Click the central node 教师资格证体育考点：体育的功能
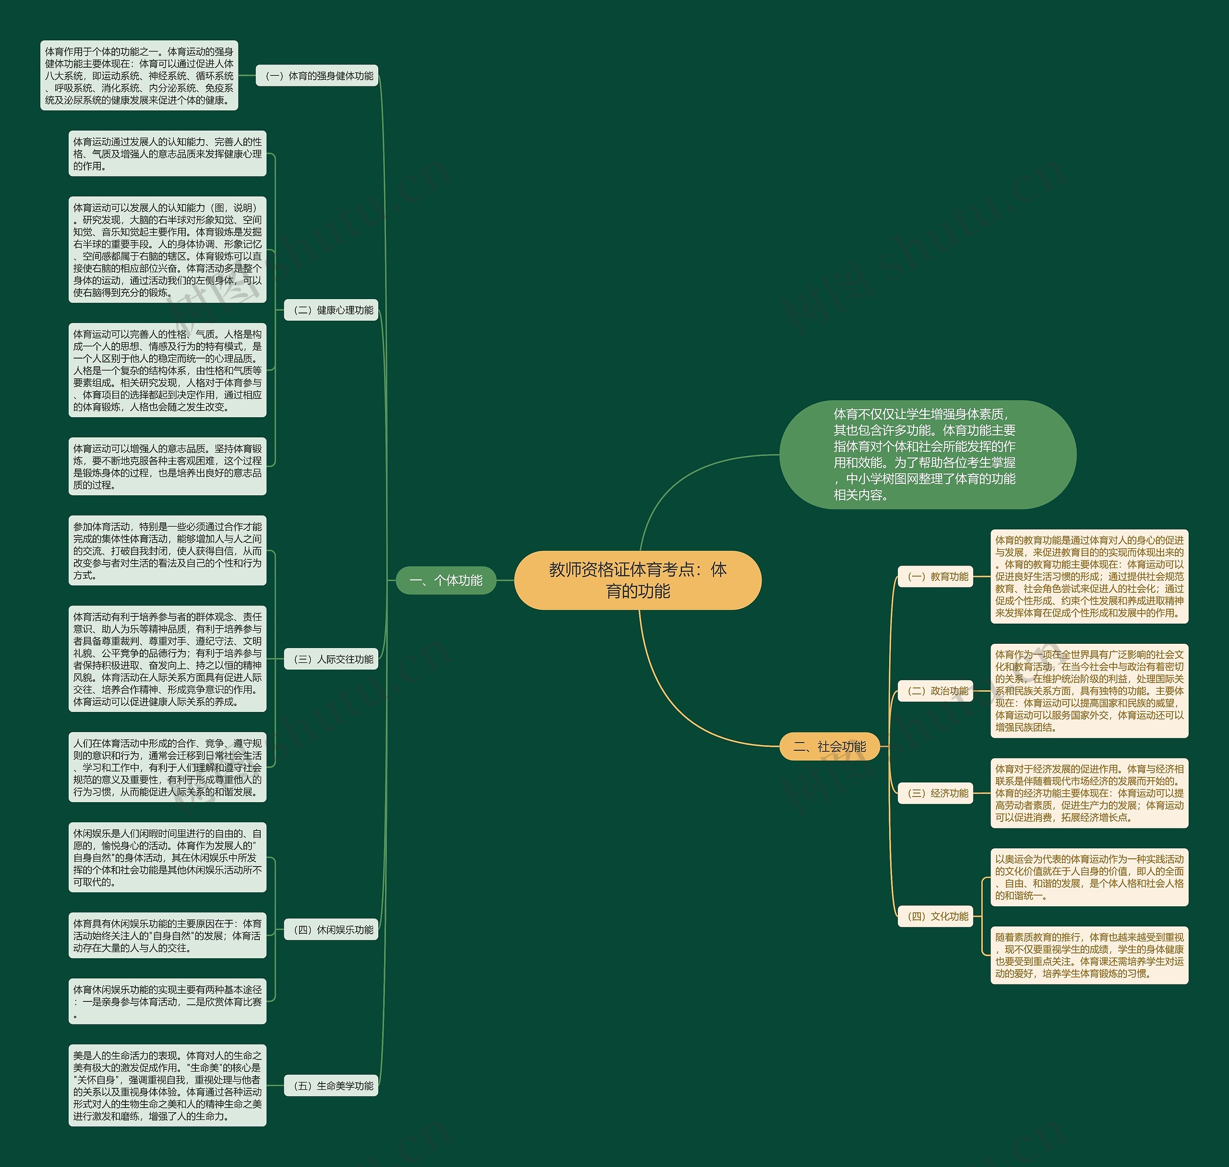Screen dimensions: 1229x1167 point(638,580)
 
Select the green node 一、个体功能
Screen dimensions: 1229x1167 point(446,580)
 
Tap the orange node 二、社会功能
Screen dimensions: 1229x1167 point(830,746)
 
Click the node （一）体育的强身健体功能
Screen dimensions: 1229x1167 point(317,76)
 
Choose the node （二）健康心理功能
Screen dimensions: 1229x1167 point(331,310)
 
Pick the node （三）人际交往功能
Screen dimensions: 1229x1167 point(331,660)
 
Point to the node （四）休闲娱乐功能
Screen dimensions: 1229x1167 point(331,930)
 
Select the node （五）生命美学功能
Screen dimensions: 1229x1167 point(331,1085)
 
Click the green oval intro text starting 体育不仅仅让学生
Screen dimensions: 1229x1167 point(928,455)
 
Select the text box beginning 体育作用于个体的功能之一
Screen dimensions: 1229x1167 point(139,76)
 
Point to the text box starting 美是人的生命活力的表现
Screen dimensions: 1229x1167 point(168,1085)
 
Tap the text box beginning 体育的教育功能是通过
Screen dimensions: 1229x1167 point(1089,577)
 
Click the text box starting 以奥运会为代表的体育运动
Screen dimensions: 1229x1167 point(1089,877)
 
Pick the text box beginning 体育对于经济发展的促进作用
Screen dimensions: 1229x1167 point(1089,793)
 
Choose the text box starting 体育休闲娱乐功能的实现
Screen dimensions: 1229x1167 point(168,1001)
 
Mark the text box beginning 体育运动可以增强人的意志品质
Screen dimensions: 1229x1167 point(168,467)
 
